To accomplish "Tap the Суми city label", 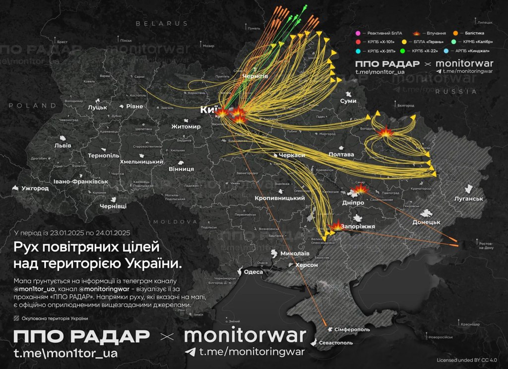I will (348, 101).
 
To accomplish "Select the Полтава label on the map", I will (341, 155).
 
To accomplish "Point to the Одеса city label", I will (254, 271).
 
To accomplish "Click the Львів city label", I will (63, 146).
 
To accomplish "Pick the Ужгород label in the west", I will (35, 189).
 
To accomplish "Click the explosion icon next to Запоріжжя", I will (337, 225).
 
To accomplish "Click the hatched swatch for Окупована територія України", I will (17, 318).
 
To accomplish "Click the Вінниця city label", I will (182, 169).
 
